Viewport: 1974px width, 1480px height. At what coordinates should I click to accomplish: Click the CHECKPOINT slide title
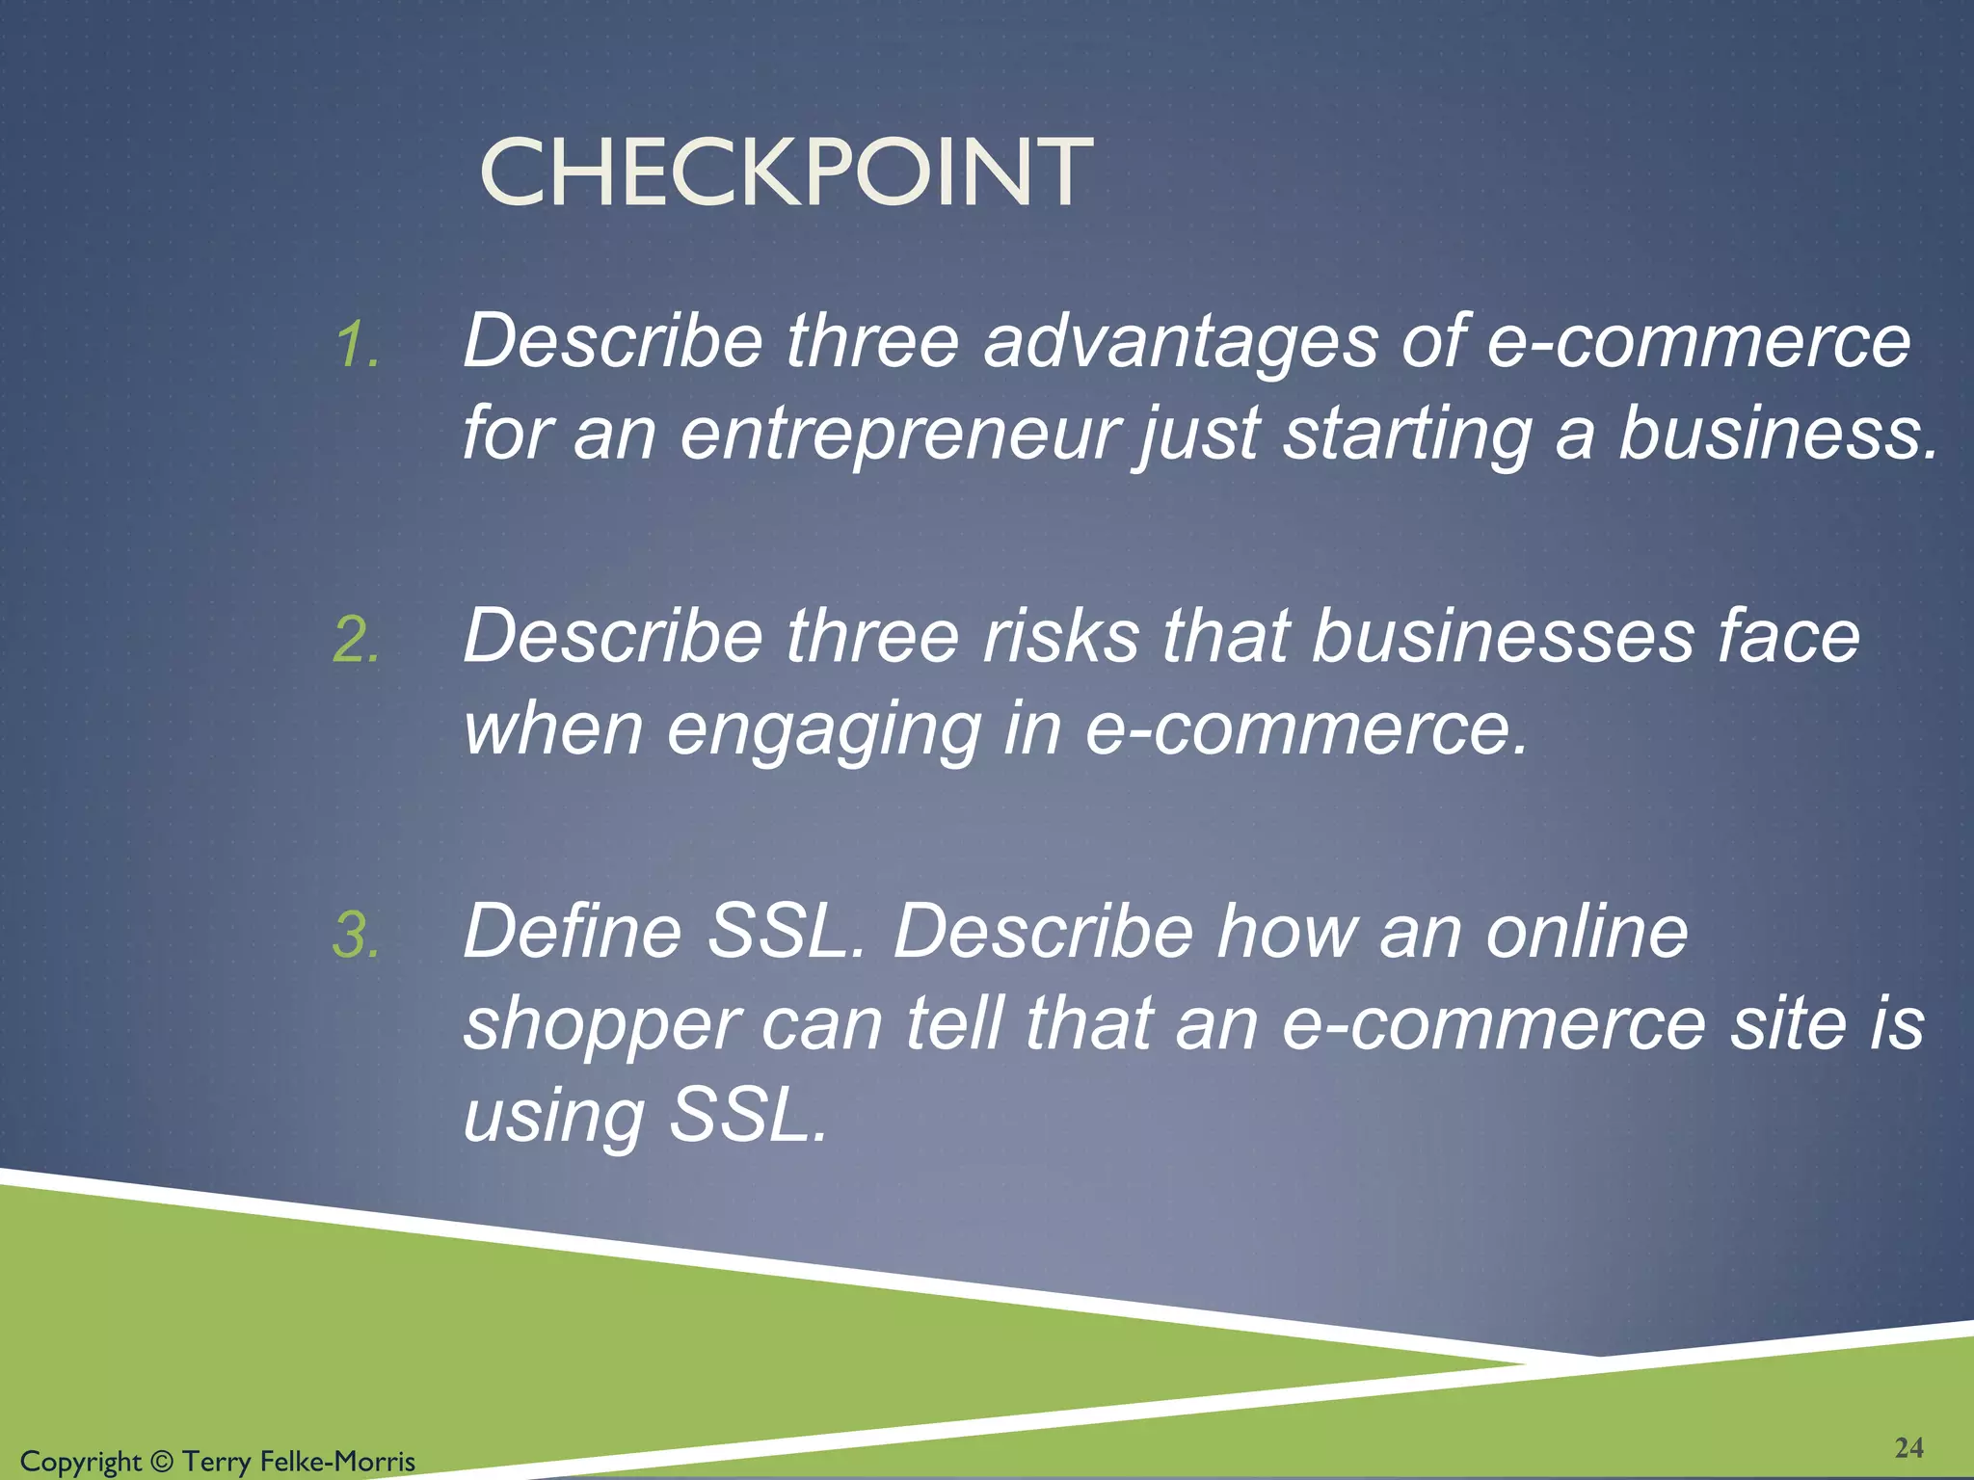pos(786,173)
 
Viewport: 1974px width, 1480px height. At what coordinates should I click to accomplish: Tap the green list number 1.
pos(357,345)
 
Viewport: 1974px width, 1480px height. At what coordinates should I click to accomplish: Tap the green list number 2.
pos(357,640)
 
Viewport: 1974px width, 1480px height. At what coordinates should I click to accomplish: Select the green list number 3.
pos(357,935)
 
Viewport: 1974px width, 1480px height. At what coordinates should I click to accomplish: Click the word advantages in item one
pos(1180,343)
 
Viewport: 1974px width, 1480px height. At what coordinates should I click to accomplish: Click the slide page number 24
pos(1908,1447)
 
